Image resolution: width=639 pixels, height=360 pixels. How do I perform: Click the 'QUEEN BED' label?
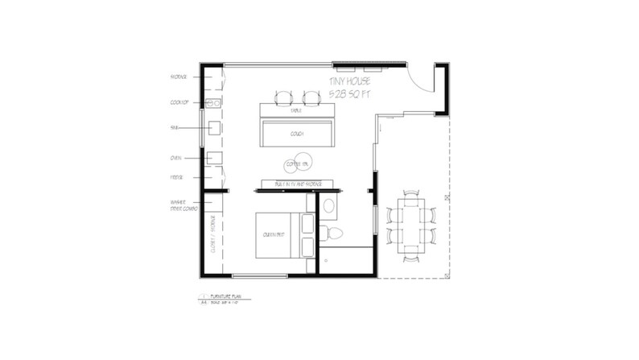tap(270, 235)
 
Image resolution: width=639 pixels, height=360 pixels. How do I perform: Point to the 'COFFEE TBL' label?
tap(297, 164)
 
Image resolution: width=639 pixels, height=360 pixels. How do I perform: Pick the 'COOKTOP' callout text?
tap(179, 101)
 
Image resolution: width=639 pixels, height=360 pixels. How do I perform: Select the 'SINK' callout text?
tap(174, 127)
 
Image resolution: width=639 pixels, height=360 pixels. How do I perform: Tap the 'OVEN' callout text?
tap(175, 159)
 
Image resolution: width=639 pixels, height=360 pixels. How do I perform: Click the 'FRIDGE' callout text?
tap(176, 176)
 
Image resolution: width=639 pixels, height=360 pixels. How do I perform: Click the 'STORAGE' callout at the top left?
tap(179, 77)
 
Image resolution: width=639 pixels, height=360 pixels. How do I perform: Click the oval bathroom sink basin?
tap(328, 207)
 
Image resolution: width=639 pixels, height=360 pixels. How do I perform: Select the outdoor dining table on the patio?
tap(409, 225)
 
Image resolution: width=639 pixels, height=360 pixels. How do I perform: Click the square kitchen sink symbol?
tap(214, 127)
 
